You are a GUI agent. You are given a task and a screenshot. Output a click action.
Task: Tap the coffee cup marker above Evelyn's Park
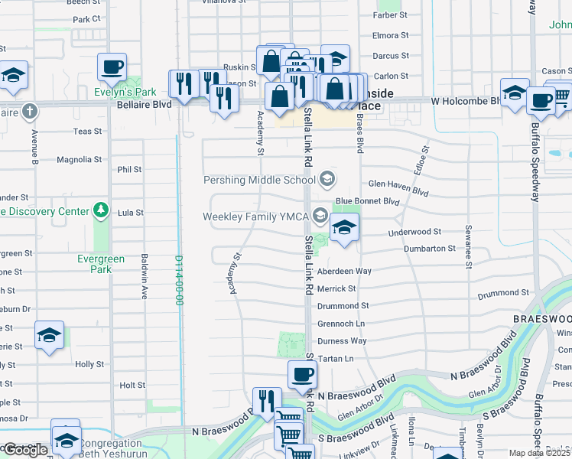click(112, 67)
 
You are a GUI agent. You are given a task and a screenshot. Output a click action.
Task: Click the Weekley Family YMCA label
click(255, 216)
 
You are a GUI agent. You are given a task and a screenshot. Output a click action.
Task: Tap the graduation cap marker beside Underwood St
click(344, 227)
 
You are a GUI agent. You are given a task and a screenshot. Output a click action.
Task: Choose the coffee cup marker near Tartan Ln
click(302, 375)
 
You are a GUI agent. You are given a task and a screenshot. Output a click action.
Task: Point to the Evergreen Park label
click(100, 265)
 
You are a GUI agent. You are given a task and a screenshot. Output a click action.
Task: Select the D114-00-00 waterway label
click(178, 280)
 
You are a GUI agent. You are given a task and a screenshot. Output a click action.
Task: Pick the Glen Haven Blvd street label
click(398, 184)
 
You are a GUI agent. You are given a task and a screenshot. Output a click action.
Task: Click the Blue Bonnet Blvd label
click(367, 201)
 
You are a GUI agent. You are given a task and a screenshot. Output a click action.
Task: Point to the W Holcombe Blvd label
click(464, 100)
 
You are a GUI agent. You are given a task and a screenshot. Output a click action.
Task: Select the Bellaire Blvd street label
click(143, 103)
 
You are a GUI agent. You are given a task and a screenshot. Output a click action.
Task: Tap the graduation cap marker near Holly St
click(49, 335)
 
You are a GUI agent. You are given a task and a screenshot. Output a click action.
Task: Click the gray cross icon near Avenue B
click(29, 112)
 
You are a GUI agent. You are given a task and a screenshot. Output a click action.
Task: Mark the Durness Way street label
click(342, 340)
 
